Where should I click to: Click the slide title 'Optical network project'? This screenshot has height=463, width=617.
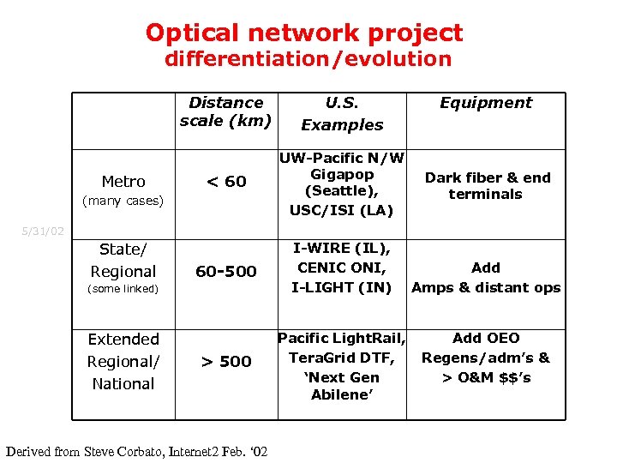(x=304, y=33)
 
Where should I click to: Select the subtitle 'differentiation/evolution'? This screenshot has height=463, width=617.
(x=308, y=59)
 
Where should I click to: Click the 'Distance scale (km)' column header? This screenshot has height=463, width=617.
(x=226, y=111)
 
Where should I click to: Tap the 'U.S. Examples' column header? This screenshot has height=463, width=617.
(x=342, y=113)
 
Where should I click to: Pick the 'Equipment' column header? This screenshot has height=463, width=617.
(x=485, y=103)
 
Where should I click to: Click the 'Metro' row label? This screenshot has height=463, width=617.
(x=123, y=182)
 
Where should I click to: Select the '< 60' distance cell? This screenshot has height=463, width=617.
(x=226, y=182)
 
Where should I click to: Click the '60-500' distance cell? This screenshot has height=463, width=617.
(x=226, y=272)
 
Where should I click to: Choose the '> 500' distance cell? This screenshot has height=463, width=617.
(x=226, y=362)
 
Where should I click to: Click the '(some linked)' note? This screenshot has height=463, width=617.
(x=123, y=289)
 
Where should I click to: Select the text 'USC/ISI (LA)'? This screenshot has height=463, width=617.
(x=342, y=211)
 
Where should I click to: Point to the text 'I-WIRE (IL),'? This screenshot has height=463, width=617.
(x=342, y=249)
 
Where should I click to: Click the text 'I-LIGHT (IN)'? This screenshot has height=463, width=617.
(x=342, y=287)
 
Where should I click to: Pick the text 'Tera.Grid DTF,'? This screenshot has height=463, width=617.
(x=342, y=358)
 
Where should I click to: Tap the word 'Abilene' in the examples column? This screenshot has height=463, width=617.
(x=342, y=394)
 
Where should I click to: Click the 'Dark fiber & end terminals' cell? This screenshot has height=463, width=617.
(x=487, y=186)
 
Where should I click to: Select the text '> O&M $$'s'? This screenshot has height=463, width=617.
(x=486, y=377)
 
